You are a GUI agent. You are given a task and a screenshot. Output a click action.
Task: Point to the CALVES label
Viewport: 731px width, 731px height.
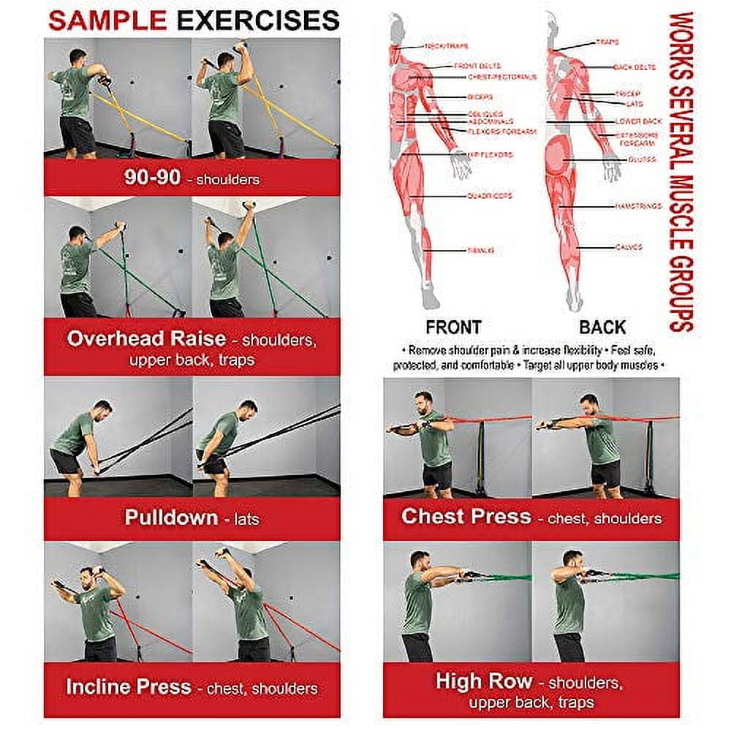pos(628,247)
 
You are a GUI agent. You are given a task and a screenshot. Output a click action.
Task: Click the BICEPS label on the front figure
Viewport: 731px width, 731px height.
pos(480,96)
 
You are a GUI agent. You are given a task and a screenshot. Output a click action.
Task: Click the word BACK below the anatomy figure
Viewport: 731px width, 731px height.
pos(602,327)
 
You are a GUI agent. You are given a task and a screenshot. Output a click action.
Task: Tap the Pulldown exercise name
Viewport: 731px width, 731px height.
pos(170,518)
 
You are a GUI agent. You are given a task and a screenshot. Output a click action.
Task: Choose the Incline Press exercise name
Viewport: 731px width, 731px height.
pos(129,687)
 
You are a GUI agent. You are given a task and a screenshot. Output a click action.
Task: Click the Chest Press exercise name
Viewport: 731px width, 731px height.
pos(466,517)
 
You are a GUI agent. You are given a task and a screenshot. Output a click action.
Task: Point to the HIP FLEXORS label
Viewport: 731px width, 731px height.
pos(490,155)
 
